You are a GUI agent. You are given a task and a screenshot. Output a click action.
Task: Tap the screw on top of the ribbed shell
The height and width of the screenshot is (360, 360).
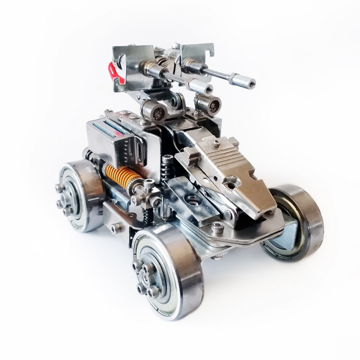click(x=216, y=143)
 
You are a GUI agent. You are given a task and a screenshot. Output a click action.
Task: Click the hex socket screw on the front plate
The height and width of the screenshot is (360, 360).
click(x=217, y=227)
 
